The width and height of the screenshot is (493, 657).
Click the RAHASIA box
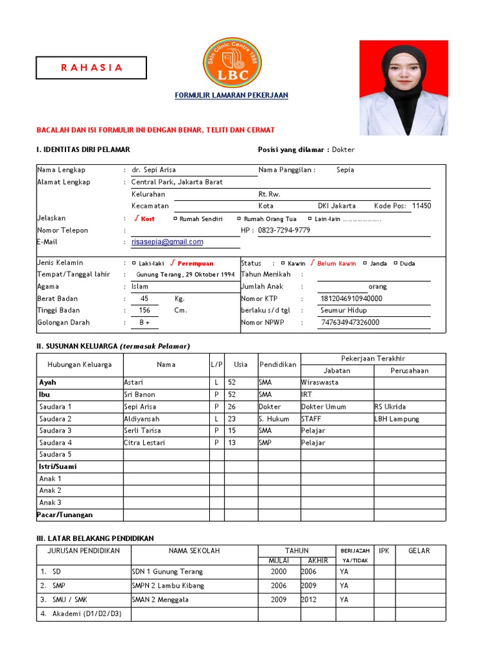pos(91,67)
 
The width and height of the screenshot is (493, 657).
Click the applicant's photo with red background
pos(403,88)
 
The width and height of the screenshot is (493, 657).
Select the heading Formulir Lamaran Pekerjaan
pos(232,96)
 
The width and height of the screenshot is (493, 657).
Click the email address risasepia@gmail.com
pos(167,242)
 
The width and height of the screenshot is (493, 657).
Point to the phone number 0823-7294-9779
pos(284,230)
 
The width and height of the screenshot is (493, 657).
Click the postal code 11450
pos(421,206)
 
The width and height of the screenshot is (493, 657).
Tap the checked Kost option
pos(144,219)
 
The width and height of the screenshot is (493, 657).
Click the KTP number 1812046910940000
pos(351,298)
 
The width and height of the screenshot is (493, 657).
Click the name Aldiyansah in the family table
pos(143,418)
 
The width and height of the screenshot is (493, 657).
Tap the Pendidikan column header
pos(278,364)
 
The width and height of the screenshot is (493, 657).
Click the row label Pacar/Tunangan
pos(65,515)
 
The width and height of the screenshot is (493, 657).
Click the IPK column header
pos(384,550)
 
